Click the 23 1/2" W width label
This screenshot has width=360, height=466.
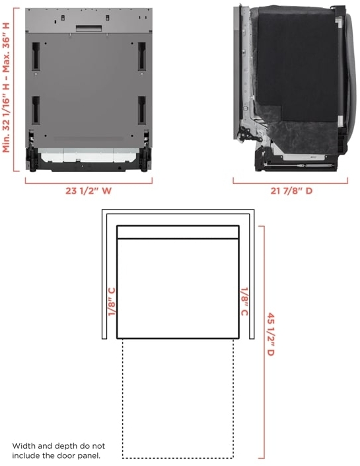(89, 192)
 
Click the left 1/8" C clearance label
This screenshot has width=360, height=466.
(112, 301)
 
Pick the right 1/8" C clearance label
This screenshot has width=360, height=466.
(244, 301)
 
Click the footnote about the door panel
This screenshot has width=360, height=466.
(58, 451)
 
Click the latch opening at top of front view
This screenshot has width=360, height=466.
(89, 28)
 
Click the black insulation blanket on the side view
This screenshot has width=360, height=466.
(297, 66)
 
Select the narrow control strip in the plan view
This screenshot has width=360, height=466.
(178, 231)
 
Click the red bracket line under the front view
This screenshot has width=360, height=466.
(89, 180)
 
